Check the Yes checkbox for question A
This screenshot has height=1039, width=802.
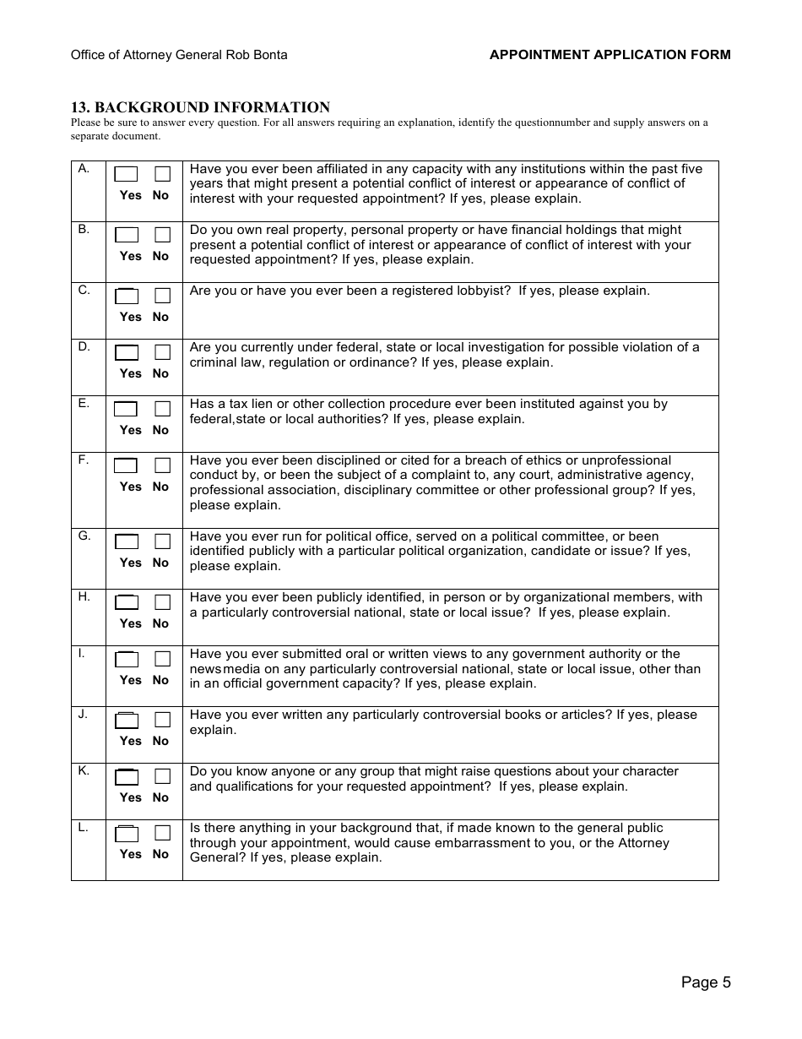[126, 175]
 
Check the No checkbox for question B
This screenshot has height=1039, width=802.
[162, 235]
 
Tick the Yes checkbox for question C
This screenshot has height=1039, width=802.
[126, 296]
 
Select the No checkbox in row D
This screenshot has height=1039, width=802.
[162, 352]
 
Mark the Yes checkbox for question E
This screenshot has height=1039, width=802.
[126, 409]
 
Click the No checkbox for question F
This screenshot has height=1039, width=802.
[162, 465]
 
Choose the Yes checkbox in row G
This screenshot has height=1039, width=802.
[126, 541]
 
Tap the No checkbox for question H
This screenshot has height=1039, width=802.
[162, 602]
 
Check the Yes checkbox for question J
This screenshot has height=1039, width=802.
[126, 721]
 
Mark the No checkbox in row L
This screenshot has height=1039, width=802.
[162, 833]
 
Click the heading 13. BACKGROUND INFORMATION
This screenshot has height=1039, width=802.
[200, 107]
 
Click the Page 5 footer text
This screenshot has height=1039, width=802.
[706, 982]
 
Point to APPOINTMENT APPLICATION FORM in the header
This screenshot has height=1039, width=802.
[610, 55]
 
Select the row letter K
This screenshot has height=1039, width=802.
[84, 771]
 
